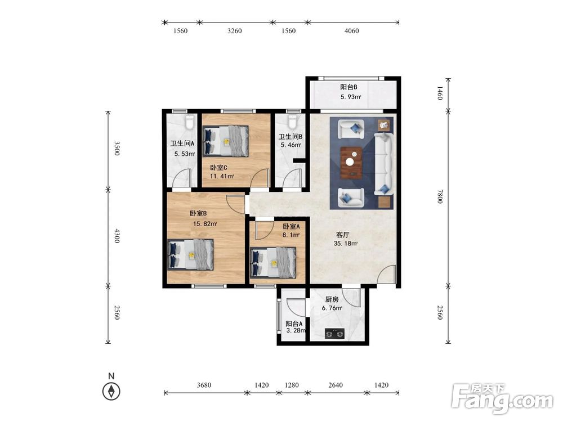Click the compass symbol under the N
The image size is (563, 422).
point(111,391)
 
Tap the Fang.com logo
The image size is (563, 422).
point(502,399)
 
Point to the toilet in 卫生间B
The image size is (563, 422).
point(293,122)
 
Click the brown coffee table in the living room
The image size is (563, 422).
point(351,163)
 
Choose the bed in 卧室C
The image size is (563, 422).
point(226,141)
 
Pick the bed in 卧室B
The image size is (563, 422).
point(191,255)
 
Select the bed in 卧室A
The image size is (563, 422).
point(273,263)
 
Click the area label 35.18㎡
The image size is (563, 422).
point(346,244)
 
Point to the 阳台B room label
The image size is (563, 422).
point(348,87)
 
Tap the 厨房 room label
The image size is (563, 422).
point(332,299)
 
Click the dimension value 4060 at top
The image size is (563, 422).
point(351,31)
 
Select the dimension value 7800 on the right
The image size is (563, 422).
point(440,196)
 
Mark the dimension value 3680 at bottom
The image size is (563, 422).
point(204,385)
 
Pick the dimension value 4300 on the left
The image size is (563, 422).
point(117,236)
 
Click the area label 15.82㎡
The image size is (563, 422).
point(205,224)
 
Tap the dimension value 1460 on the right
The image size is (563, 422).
point(440,93)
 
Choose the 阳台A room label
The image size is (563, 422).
point(294,324)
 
